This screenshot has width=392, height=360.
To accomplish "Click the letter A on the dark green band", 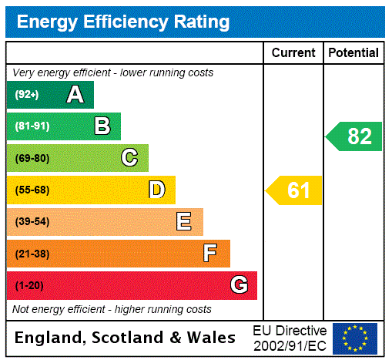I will point(75,95).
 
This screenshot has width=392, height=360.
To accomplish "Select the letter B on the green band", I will point(102,126).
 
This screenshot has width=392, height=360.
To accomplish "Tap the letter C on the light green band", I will point(129,158).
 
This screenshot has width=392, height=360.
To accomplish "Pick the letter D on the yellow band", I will point(156,190).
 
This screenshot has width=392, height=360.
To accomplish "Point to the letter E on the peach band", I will point(184,222).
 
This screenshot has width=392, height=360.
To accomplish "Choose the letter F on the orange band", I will point(210,254).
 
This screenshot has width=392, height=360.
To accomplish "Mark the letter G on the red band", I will point(239,285).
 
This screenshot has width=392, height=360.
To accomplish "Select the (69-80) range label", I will point(32,159).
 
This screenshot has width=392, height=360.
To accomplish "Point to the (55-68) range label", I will point(32,190).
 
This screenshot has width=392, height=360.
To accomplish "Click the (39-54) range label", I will point(32,222).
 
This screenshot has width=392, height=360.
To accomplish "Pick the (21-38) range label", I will point(32,254).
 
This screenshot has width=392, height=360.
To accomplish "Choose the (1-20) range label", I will point(29,286).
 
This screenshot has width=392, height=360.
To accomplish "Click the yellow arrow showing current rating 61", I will point(295,190).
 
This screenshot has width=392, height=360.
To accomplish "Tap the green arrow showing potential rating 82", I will point(354,136).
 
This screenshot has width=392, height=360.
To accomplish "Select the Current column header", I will point(293,53).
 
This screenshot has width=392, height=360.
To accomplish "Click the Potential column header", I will point(353,53).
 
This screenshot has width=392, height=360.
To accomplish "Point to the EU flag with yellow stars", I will point(355,338).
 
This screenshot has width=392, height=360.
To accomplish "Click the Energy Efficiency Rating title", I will point(123,22).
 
